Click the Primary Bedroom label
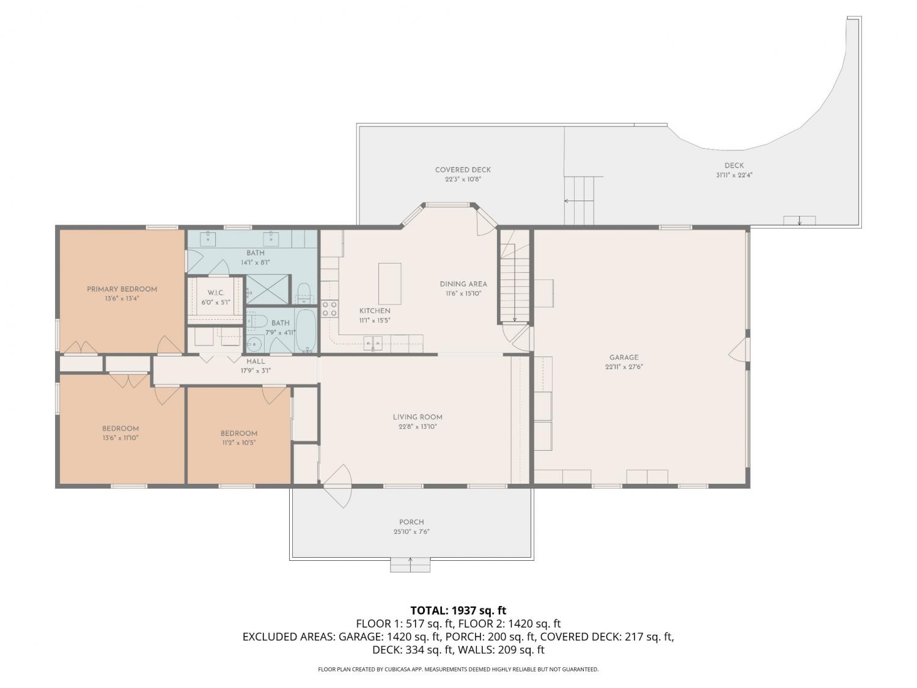click(x=122, y=289)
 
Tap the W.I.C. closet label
click(x=216, y=293)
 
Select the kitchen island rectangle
click(x=389, y=284)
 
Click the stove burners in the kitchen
click(x=329, y=309)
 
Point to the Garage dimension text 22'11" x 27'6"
click(x=624, y=367)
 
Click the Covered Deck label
click(x=462, y=169)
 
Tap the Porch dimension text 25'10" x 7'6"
click(x=411, y=531)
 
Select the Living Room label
click(x=418, y=417)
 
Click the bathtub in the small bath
click(x=306, y=331)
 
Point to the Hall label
click(x=256, y=361)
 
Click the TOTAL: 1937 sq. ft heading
click(x=458, y=610)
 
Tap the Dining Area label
click(x=463, y=284)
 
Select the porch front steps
click(x=410, y=564)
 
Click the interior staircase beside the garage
click(x=514, y=276)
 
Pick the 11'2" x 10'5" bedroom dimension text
click(x=238, y=442)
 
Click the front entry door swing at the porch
click(x=337, y=486)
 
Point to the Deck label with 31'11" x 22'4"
click(x=734, y=170)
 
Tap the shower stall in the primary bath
click(x=267, y=289)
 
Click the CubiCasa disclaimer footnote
click(x=458, y=669)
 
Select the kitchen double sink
click(x=373, y=343)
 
